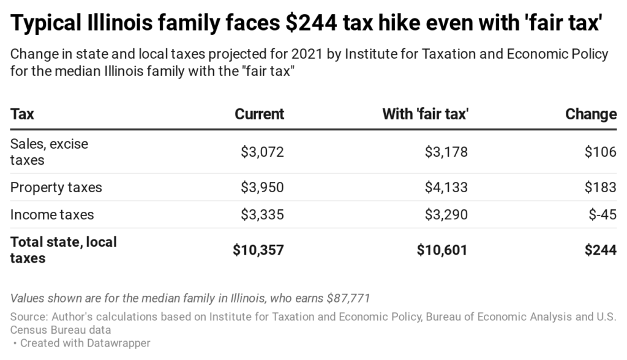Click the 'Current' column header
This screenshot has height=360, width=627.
[x=260, y=114]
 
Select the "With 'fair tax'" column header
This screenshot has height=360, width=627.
[x=425, y=114]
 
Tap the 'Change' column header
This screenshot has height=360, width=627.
[x=591, y=114]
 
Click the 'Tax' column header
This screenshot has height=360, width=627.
[x=22, y=114]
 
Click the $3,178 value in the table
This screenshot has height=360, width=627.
[x=446, y=152]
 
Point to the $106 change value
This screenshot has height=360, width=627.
[x=600, y=152]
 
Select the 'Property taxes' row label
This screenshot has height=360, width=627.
[x=56, y=187]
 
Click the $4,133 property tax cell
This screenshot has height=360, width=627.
[x=446, y=187]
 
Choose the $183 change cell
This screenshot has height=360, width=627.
[x=600, y=187]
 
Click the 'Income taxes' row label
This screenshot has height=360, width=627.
[x=52, y=214]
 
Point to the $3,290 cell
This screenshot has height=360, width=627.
[x=446, y=214]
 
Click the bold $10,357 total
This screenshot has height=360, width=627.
[x=258, y=250]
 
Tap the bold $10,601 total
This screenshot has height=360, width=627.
[x=442, y=250]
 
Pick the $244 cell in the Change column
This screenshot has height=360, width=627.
[x=599, y=250]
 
